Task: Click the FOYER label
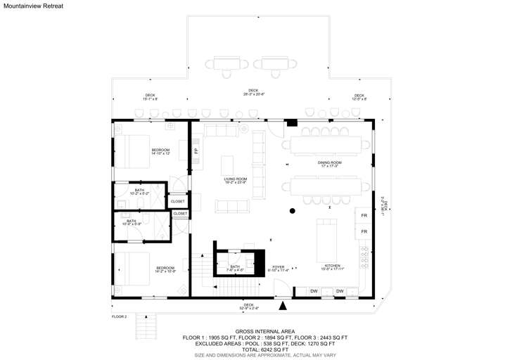point(278,266)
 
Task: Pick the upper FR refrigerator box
point(364,215)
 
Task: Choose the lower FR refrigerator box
point(364,231)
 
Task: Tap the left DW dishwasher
point(314,291)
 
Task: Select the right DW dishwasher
point(340,291)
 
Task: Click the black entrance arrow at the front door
point(283,305)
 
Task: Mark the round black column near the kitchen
point(292,211)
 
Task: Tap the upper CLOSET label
point(178,202)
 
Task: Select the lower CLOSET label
point(180,214)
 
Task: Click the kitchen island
point(326,239)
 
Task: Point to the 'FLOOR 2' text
point(119,317)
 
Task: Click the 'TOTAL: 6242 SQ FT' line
point(255,349)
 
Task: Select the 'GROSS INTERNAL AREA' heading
point(255,331)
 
